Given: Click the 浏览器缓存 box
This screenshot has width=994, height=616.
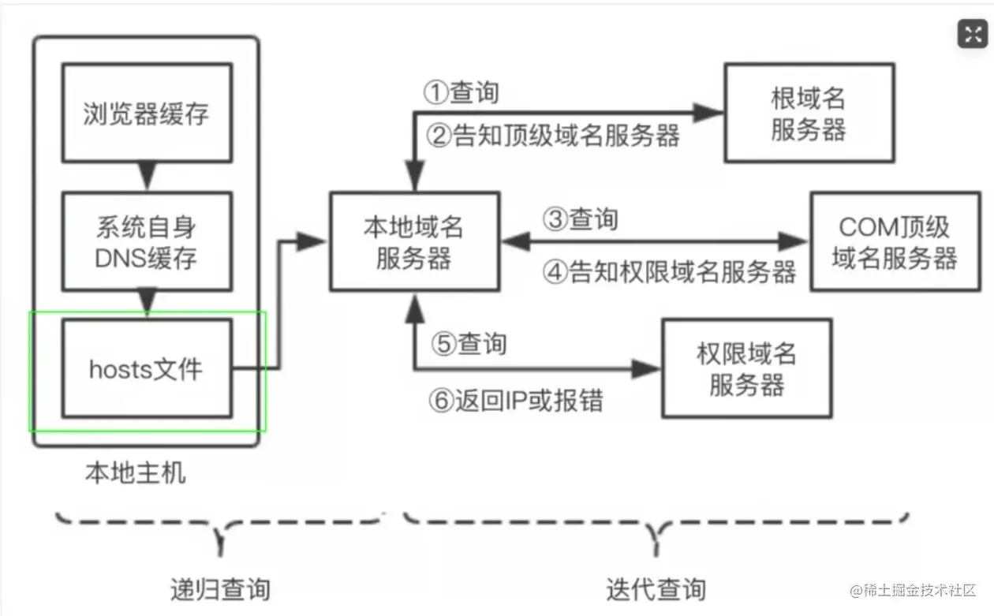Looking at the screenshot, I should pos(147,114).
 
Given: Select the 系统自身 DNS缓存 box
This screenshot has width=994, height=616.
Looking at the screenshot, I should pos(147,242).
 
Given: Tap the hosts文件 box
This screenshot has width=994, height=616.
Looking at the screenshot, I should pos(147,368).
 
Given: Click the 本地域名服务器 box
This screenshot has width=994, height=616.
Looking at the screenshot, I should pos(414,241).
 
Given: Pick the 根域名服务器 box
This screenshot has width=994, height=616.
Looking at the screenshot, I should pos(809,114).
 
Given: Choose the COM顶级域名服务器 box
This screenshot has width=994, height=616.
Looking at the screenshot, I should pos(895,241).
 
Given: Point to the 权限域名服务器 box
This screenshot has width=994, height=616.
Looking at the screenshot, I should pos(746,368).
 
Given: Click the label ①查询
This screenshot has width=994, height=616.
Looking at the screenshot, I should pos(461,92).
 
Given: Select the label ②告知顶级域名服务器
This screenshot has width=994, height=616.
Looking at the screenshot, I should pos(553,136).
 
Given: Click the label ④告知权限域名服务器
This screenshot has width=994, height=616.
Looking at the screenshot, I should pos(670,272).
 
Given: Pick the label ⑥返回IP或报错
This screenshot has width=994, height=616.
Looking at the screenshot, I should pos(516,400).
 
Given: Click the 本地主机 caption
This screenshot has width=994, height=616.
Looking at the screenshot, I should pos(136,473).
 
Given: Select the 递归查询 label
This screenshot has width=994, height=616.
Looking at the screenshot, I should pos(220,588).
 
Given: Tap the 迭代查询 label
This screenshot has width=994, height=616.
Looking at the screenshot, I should pos(656,588).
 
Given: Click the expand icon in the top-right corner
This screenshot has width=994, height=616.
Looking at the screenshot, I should pos(971,33).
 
